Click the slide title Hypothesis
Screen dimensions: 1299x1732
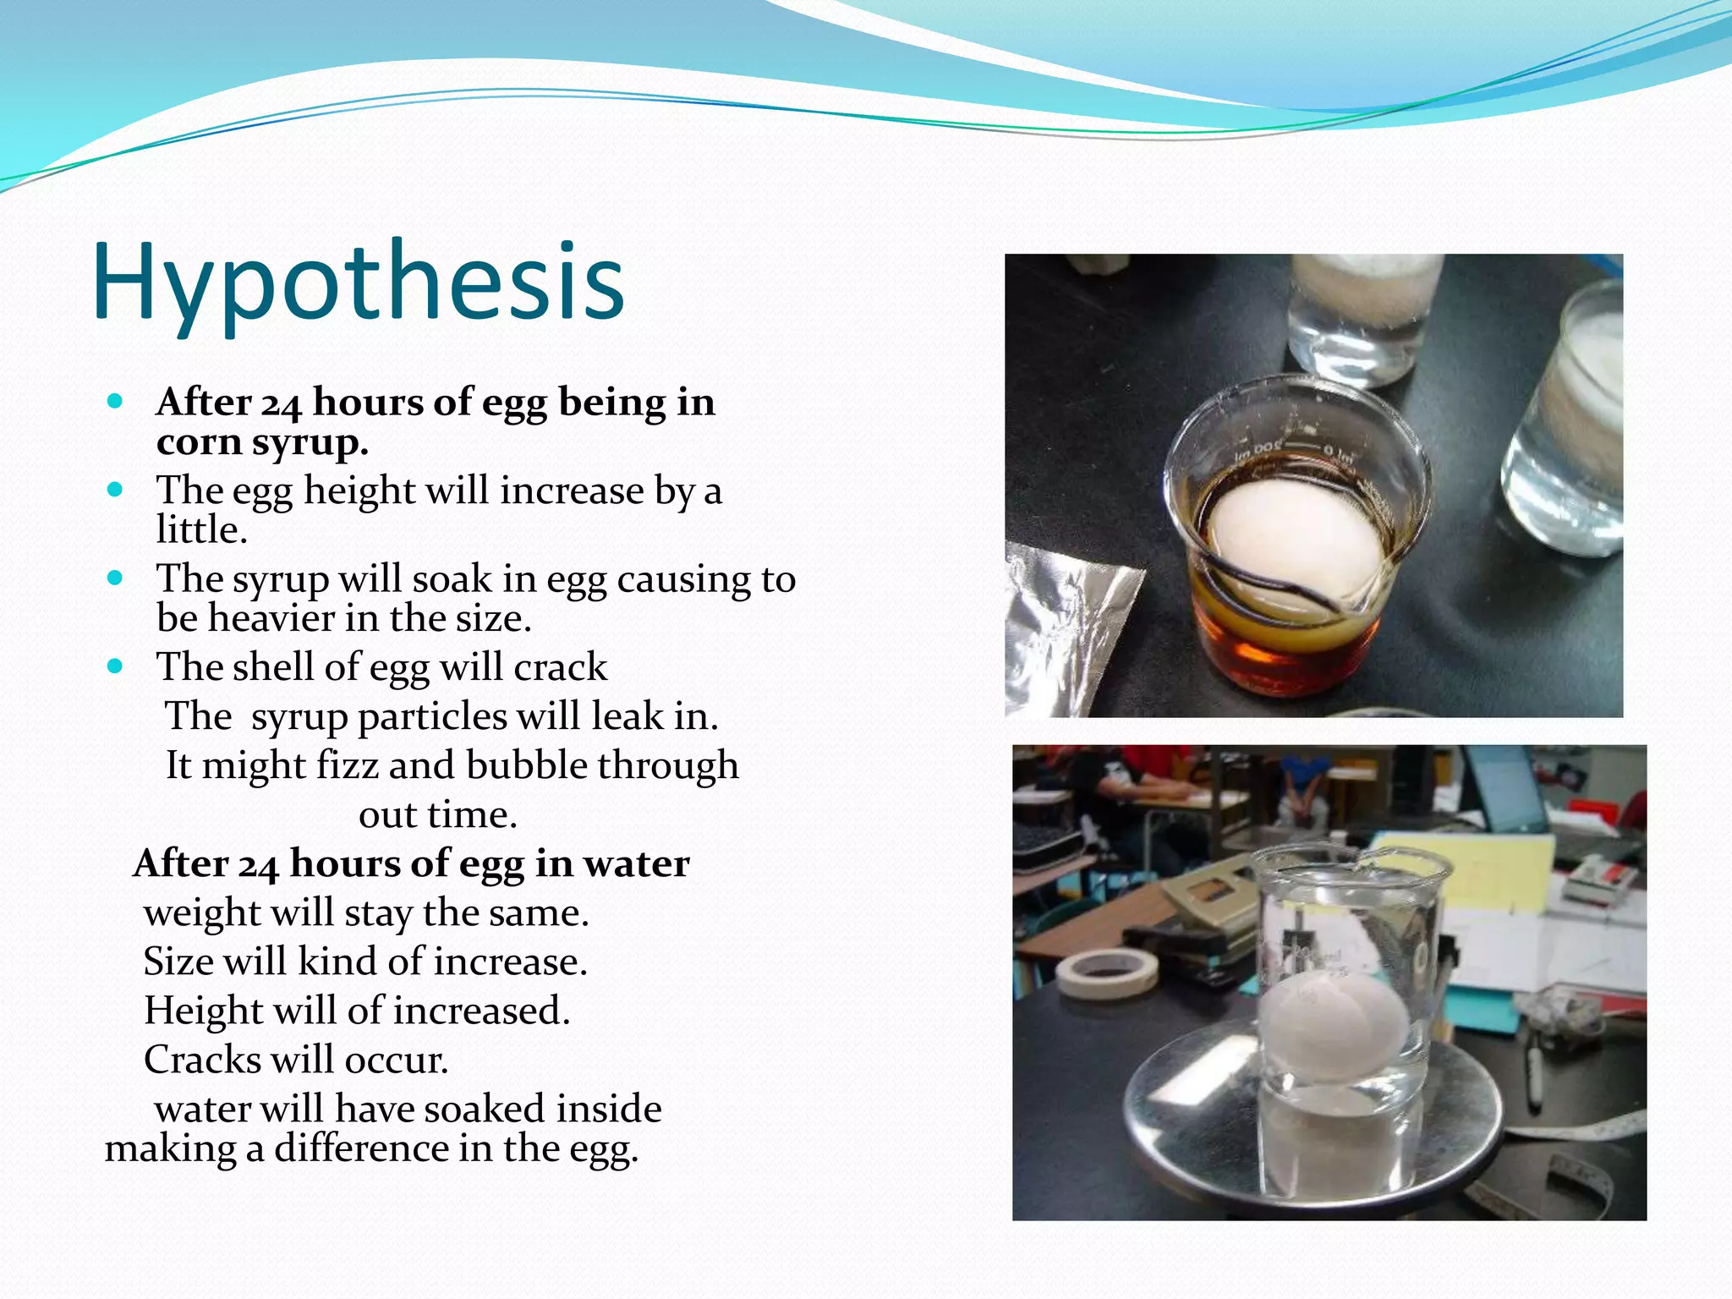coord(359,283)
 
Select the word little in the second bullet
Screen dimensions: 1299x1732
coord(201,530)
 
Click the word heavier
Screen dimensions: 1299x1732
coord(271,618)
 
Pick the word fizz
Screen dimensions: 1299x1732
coord(347,765)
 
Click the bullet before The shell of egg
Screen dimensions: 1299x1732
coord(116,666)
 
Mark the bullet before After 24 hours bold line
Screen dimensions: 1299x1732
coord(116,401)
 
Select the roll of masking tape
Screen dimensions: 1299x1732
coord(1106,973)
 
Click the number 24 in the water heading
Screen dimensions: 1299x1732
coord(257,866)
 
